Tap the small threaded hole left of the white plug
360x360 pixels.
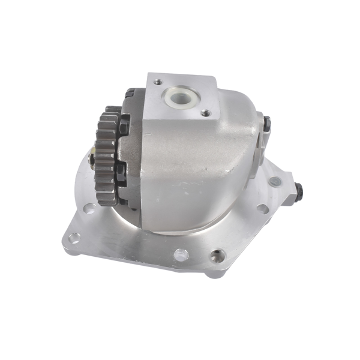[x=157, y=82]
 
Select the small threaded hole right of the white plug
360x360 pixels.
[x=205, y=112]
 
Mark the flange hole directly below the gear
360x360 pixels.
[x=89, y=209]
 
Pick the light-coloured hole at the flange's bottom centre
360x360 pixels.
[x=181, y=254]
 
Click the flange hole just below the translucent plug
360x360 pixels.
[x=262, y=209]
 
